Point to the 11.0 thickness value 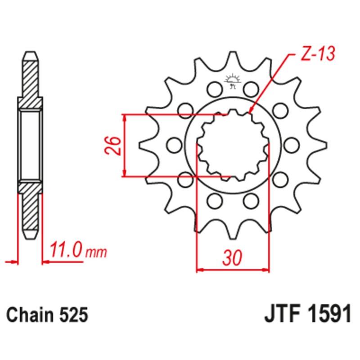pos(67,250)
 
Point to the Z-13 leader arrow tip pos(250,111)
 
